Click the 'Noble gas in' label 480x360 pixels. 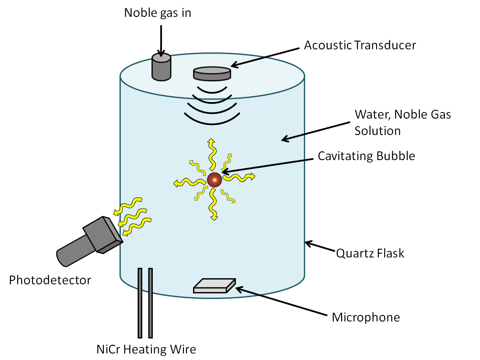coord(158,13)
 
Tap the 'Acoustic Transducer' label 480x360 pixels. coord(360,45)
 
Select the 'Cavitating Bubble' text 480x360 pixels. coord(366,156)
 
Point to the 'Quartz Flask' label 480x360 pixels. coord(370,253)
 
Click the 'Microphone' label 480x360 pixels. coord(366,317)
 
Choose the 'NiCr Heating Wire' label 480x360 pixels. coord(146,349)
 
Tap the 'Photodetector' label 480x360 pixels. coord(50,280)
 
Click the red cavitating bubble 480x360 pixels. coord(214,179)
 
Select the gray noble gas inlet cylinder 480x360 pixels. coord(161,68)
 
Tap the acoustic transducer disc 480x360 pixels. coord(212,73)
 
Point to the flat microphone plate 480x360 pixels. coord(214,286)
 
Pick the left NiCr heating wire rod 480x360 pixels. coord(140,303)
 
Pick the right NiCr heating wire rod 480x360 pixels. coord(150,303)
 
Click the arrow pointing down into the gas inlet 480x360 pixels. coord(161,41)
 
